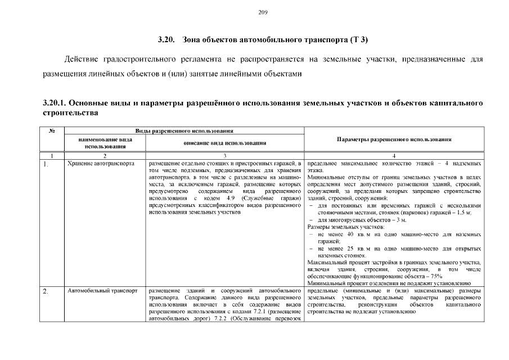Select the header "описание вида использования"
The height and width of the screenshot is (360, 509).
pos(225,143)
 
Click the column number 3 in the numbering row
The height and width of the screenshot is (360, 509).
pos(225,155)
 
